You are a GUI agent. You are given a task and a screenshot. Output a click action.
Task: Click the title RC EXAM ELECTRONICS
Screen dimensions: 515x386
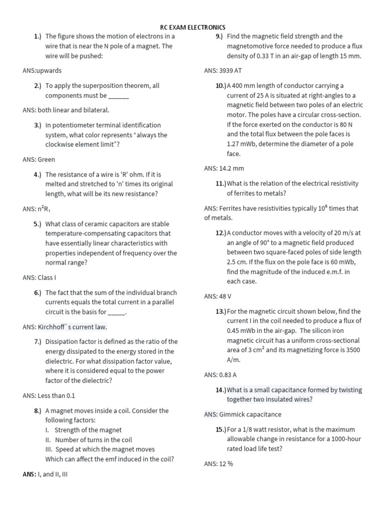(192, 27)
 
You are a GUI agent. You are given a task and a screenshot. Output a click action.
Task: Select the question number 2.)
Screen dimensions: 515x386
(38, 85)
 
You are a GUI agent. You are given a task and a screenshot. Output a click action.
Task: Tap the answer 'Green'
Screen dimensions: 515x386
(46, 159)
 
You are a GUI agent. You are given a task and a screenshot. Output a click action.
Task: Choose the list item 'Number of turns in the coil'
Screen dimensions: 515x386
(93, 440)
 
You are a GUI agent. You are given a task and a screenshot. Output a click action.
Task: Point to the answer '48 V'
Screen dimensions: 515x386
(225, 296)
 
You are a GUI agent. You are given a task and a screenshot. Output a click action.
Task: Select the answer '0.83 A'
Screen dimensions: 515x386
(228, 375)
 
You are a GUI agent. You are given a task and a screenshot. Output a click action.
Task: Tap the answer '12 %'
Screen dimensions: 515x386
(226, 464)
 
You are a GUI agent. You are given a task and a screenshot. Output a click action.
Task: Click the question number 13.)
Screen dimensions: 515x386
(221, 311)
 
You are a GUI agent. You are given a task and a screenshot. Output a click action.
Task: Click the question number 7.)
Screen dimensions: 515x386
(38, 341)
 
